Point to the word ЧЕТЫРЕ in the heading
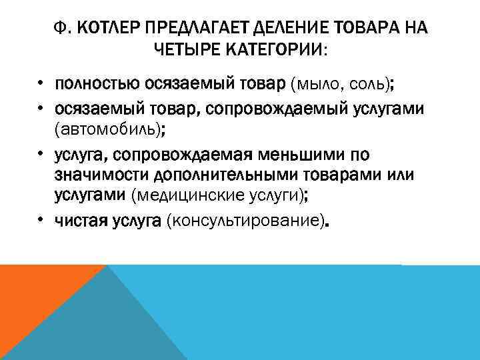coord(189,49)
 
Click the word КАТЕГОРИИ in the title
coord(275,49)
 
